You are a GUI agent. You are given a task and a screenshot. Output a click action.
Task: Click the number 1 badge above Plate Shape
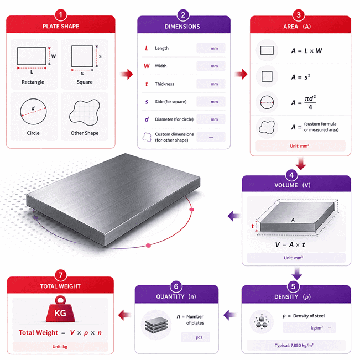(61, 15)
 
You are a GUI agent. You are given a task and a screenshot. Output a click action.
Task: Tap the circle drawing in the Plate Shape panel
(33, 112)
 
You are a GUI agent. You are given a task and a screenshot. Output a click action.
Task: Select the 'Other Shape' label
(85, 133)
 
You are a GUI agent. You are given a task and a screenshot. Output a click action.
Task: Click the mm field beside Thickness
(211, 84)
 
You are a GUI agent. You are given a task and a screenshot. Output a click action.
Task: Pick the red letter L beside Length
(147, 48)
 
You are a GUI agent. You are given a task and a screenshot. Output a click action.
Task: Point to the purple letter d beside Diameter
(147, 119)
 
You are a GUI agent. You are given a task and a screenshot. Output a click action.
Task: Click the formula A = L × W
(306, 51)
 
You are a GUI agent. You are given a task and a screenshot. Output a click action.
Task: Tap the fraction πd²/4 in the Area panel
(310, 102)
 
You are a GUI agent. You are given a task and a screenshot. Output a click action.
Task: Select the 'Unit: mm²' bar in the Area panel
(300, 146)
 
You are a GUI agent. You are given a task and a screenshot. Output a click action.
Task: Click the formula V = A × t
(290, 245)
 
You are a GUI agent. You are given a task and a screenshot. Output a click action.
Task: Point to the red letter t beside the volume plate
(253, 226)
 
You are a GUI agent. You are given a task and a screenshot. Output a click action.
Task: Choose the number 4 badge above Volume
(291, 175)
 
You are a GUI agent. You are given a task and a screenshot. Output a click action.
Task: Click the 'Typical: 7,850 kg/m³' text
(294, 345)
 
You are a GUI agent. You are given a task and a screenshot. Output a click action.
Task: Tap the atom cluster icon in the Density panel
(262, 322)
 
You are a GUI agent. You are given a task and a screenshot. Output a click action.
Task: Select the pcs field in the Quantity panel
(195, 337)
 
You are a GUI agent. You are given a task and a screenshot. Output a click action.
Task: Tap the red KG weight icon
(60, 309)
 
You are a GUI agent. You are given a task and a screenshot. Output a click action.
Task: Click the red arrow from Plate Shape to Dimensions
(127, 74)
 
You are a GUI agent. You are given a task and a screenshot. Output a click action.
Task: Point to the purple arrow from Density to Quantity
(229, 315)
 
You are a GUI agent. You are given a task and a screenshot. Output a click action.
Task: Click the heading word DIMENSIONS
(182, 27)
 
